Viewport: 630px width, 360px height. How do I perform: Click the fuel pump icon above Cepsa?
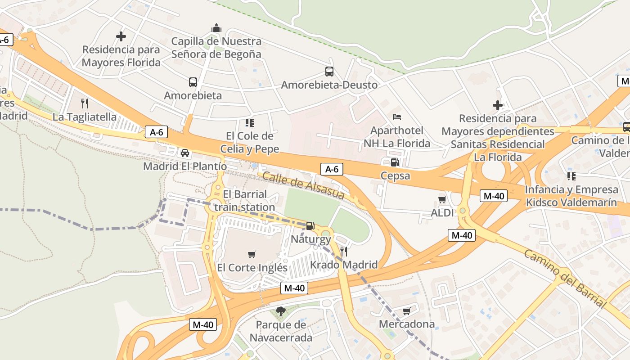395,162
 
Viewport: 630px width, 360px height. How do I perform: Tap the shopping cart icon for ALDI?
442,199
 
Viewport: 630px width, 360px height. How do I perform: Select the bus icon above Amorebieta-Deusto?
329,72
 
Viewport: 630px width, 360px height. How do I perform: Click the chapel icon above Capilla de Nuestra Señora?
216,28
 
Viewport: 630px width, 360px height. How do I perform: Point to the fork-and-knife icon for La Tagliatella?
85,103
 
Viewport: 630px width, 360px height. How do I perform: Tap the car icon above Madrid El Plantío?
184,153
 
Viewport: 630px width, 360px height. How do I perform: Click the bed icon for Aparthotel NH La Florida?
397,117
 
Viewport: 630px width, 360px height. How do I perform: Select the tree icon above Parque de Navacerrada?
280,311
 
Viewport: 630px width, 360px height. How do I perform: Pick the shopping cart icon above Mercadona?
407,311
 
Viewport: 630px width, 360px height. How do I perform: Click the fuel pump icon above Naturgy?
310,226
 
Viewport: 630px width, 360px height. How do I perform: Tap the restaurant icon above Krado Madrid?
344,251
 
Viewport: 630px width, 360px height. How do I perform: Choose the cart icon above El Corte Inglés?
252,254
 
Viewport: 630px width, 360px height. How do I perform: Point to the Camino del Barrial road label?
565,278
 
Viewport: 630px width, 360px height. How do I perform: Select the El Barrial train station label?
244,201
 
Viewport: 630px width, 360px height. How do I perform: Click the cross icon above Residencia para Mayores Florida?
121,36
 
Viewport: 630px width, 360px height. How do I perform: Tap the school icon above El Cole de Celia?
249,122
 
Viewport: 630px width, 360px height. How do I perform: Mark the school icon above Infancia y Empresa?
571,176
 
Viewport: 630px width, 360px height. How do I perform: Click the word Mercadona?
407,324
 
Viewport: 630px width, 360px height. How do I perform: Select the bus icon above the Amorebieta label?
193,82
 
